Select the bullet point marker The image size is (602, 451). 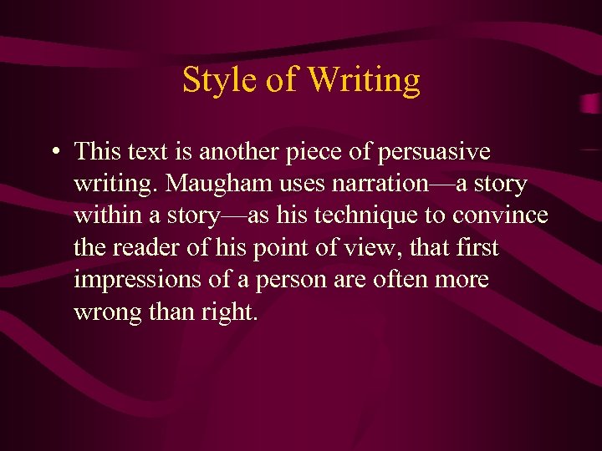pyautogui.click(x=53, y=153)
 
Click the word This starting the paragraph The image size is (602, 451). pyautogui.click(x=98, y=152)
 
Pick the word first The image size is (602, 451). pyautogui.click(x=479, y=247)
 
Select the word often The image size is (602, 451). pyautogui.click(x=406, y=279)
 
